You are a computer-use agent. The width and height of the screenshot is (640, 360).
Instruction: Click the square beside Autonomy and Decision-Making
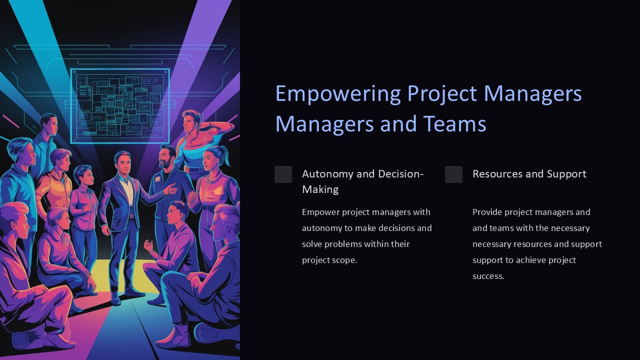pos(283,174)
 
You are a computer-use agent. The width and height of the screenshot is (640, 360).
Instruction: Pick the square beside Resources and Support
pos(453,174)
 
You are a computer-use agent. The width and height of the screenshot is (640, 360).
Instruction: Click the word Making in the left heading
pos(320,189)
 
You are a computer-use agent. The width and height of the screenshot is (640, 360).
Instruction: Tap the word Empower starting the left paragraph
pos(320,212)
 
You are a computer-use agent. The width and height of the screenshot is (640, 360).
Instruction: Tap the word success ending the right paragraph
pos(487,276)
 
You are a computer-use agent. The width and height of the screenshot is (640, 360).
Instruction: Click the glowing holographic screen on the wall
pos(120,105)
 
